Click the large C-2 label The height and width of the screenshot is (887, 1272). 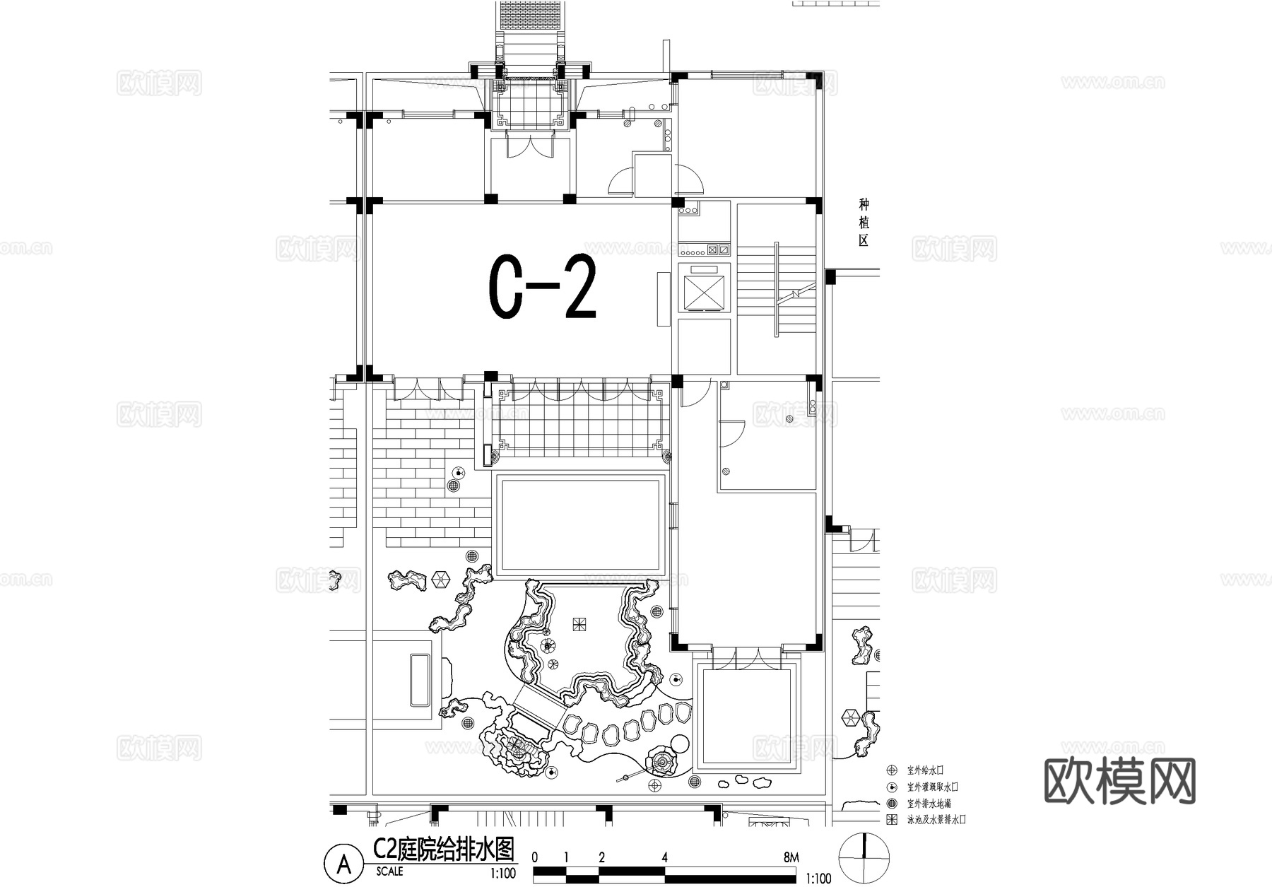pos(543,288)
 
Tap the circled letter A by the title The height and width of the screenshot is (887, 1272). pos(343,864)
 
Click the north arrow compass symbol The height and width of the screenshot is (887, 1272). pos(864,857)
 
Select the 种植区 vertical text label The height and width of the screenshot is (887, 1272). pos(864,223)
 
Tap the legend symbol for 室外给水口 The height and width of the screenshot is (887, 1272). pos(893,770)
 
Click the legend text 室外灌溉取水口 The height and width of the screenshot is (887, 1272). pos(932,787)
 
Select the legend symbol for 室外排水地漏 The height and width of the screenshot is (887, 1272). pos(893,804)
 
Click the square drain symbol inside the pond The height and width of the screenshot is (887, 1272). pos(579,625)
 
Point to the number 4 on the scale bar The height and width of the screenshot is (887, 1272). pos(664,857)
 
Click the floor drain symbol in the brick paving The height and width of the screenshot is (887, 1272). pos(454,486)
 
